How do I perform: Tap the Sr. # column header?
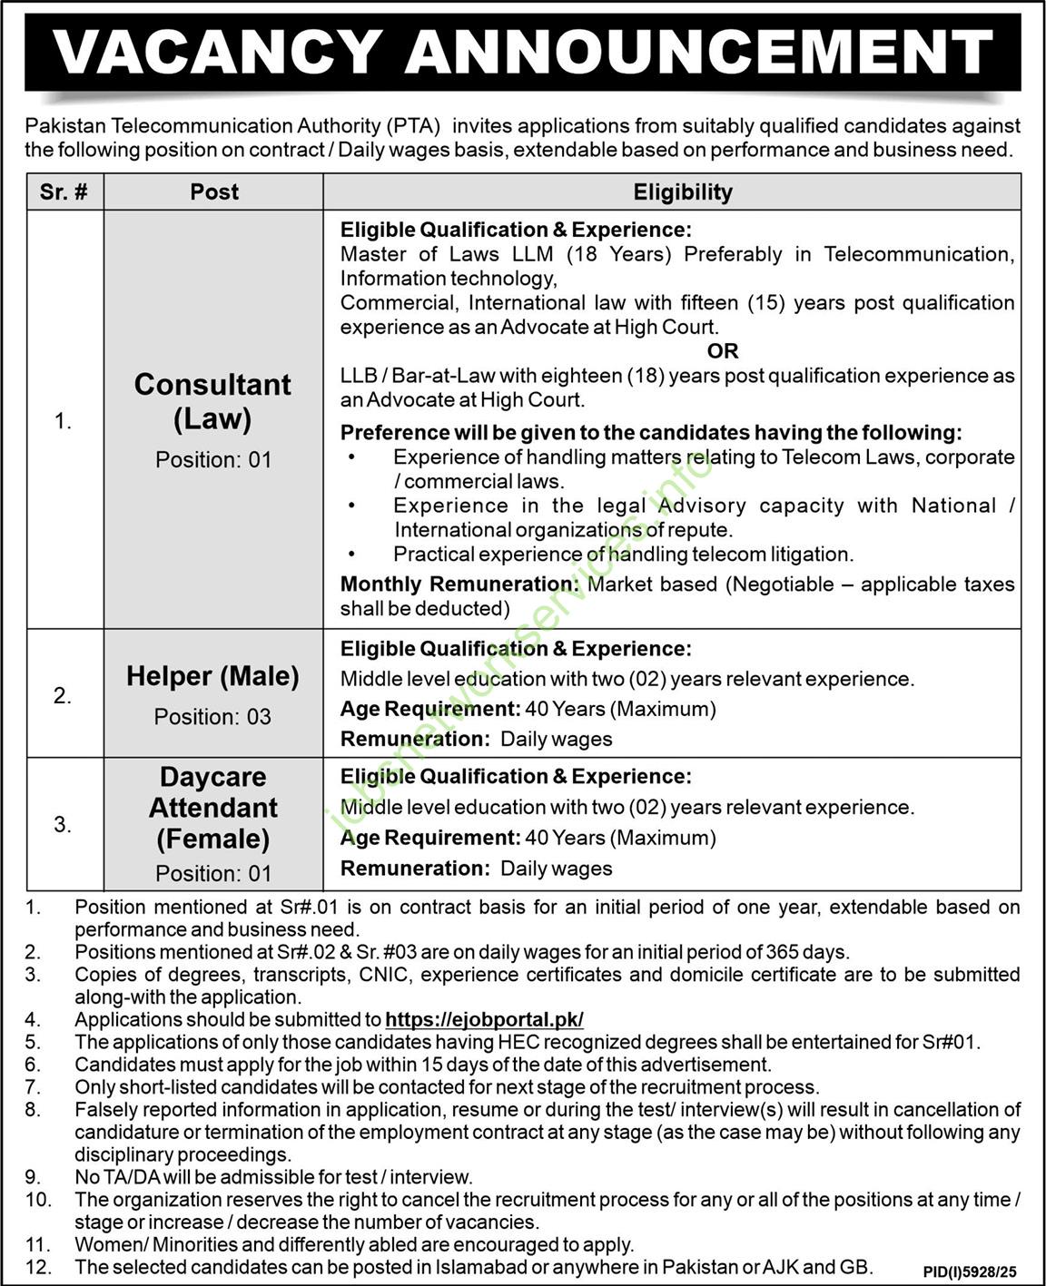(64, 192)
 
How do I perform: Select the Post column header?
(214, 192)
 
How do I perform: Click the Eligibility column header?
(682, 192)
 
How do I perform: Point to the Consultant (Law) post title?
(212, 401)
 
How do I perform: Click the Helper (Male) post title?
(212, 676)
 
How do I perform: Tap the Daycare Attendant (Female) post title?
(212, 808)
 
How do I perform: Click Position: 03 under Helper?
(212, 717)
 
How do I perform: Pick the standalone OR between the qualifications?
(723, 351)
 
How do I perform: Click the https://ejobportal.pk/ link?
(484, 1019)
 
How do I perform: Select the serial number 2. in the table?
(62, 696)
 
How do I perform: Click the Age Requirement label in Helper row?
(429, 709)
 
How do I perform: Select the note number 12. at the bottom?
(36, 1267)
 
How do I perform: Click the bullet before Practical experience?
(351, 554)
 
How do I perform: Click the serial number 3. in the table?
(62, 825)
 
